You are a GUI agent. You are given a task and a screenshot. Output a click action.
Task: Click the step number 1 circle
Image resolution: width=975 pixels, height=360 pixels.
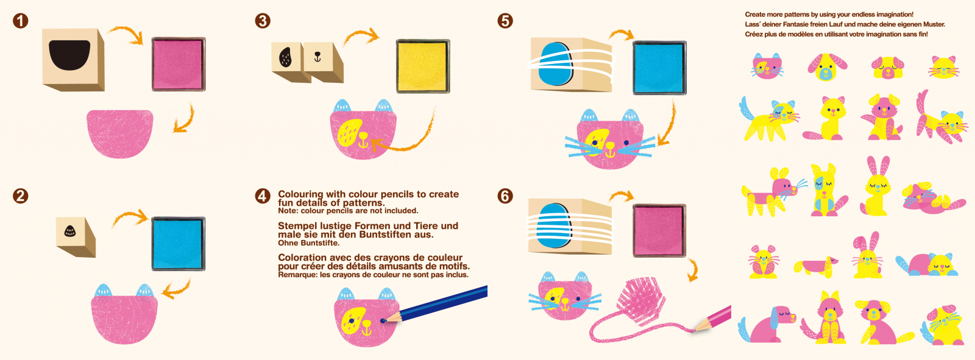point(21,21)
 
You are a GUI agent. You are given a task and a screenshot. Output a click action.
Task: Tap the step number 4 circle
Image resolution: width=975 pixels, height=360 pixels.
point(263,196)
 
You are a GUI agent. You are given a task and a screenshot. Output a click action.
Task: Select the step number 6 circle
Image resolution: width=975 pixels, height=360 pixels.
point(505,196)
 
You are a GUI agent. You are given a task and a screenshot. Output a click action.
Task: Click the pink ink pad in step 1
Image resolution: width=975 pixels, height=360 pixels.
point(179,64)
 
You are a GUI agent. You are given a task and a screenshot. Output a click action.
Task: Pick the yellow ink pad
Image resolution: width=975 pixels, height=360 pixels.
point(423,66)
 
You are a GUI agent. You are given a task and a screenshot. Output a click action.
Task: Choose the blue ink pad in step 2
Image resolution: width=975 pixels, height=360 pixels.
point(179,244)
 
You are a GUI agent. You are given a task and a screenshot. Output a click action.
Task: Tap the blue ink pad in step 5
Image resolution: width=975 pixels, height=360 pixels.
point(659,68)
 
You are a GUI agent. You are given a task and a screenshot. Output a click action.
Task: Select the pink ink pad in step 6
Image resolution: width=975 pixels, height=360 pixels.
point(659,230)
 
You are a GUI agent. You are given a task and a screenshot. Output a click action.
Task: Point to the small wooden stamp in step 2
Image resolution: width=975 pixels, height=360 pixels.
point(76,237)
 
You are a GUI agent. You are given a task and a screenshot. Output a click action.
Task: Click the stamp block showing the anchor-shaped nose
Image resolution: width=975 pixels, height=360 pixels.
point(323,62)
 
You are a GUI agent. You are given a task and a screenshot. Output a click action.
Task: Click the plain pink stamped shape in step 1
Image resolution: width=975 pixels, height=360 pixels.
point(120,134)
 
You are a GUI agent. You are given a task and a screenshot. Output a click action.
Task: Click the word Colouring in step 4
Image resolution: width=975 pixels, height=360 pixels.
point(301,194)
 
